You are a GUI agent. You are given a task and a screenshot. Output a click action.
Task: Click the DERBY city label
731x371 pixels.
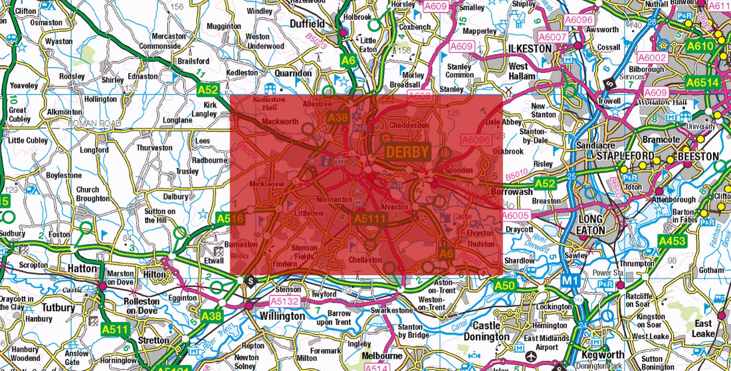(408, 152)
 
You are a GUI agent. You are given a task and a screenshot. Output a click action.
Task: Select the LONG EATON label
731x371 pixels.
(591, 225)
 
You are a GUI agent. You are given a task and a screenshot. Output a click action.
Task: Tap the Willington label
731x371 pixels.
(282, 316)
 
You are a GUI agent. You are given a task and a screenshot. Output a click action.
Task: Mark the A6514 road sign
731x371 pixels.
(703, 82)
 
